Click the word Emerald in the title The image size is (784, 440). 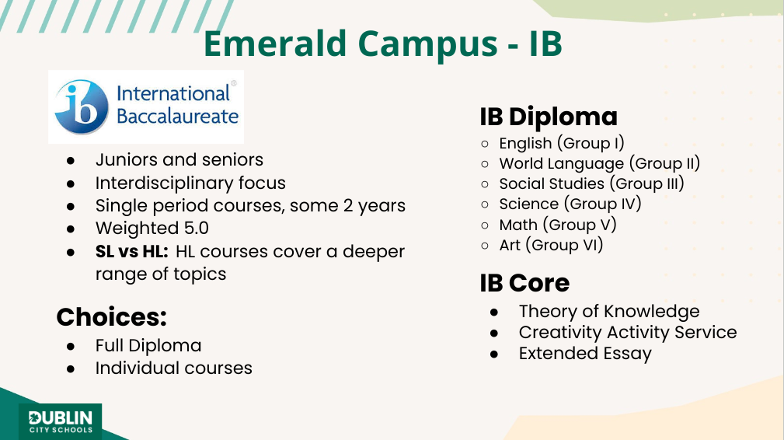(275, 44)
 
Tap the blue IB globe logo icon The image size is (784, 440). (82, 107)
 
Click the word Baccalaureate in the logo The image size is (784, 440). (177, 116)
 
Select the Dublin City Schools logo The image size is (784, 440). (61, 421)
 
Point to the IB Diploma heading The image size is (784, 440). (549, 117)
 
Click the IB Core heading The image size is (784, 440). (524, 283)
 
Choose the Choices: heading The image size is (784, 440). (111, 316)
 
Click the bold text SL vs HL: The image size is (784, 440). (132, 251)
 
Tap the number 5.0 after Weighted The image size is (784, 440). (196, 228)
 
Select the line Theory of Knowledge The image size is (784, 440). (609, 311)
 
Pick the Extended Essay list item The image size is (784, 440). (585, 354)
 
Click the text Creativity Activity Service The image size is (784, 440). (628, 332)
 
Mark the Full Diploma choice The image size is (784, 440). (148, 345)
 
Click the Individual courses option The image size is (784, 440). (174, 368)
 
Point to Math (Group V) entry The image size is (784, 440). (557, 225)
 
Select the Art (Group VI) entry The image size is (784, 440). (551, 246)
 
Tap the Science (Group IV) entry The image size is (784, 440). (570, 204)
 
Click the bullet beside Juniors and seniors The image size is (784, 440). (71, 161)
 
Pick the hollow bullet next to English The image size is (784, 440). (485, 144)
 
